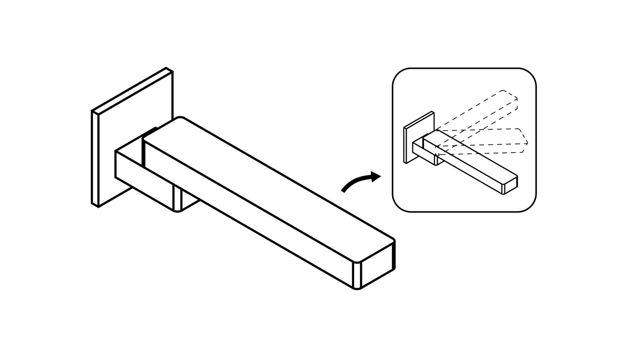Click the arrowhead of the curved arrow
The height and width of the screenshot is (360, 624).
click(x=375, y=176)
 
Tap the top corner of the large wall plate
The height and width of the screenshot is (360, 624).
click(x=166, y=68)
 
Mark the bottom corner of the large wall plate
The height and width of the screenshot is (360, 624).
click(x=98, y=207)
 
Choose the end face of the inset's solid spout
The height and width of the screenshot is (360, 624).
click(x=511, y=185)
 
